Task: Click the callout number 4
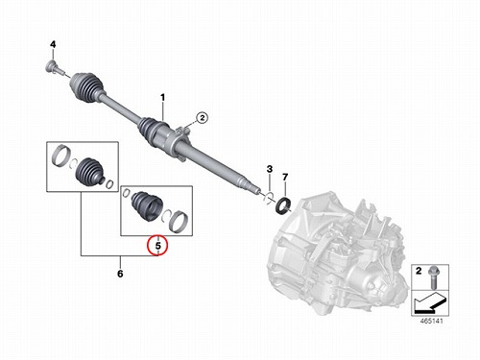tap(53, 44)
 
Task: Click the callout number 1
tap(163, 97)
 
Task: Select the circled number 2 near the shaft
tap(203, 118)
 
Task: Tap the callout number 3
tap(270, 169)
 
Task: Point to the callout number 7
tap(285, 177)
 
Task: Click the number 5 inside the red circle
tap(157, 246)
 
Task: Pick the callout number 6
tap(120, 274)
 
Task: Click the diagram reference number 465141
tap(432, 321)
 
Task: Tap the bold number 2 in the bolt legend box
tap(419, 271)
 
